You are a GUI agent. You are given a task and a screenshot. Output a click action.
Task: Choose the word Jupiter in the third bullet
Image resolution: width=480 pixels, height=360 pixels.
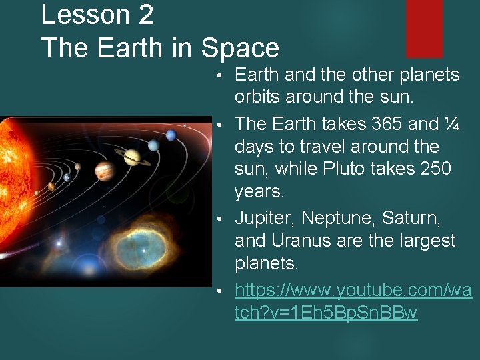point(265,218)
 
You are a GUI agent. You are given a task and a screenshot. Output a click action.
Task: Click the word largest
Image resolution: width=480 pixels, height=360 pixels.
point(423,240)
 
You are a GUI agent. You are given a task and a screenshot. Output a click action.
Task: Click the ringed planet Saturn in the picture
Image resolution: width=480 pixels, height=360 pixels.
point(131,157)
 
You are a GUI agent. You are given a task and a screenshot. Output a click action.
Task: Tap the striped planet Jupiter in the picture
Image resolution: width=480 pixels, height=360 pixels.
point(105,171)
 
